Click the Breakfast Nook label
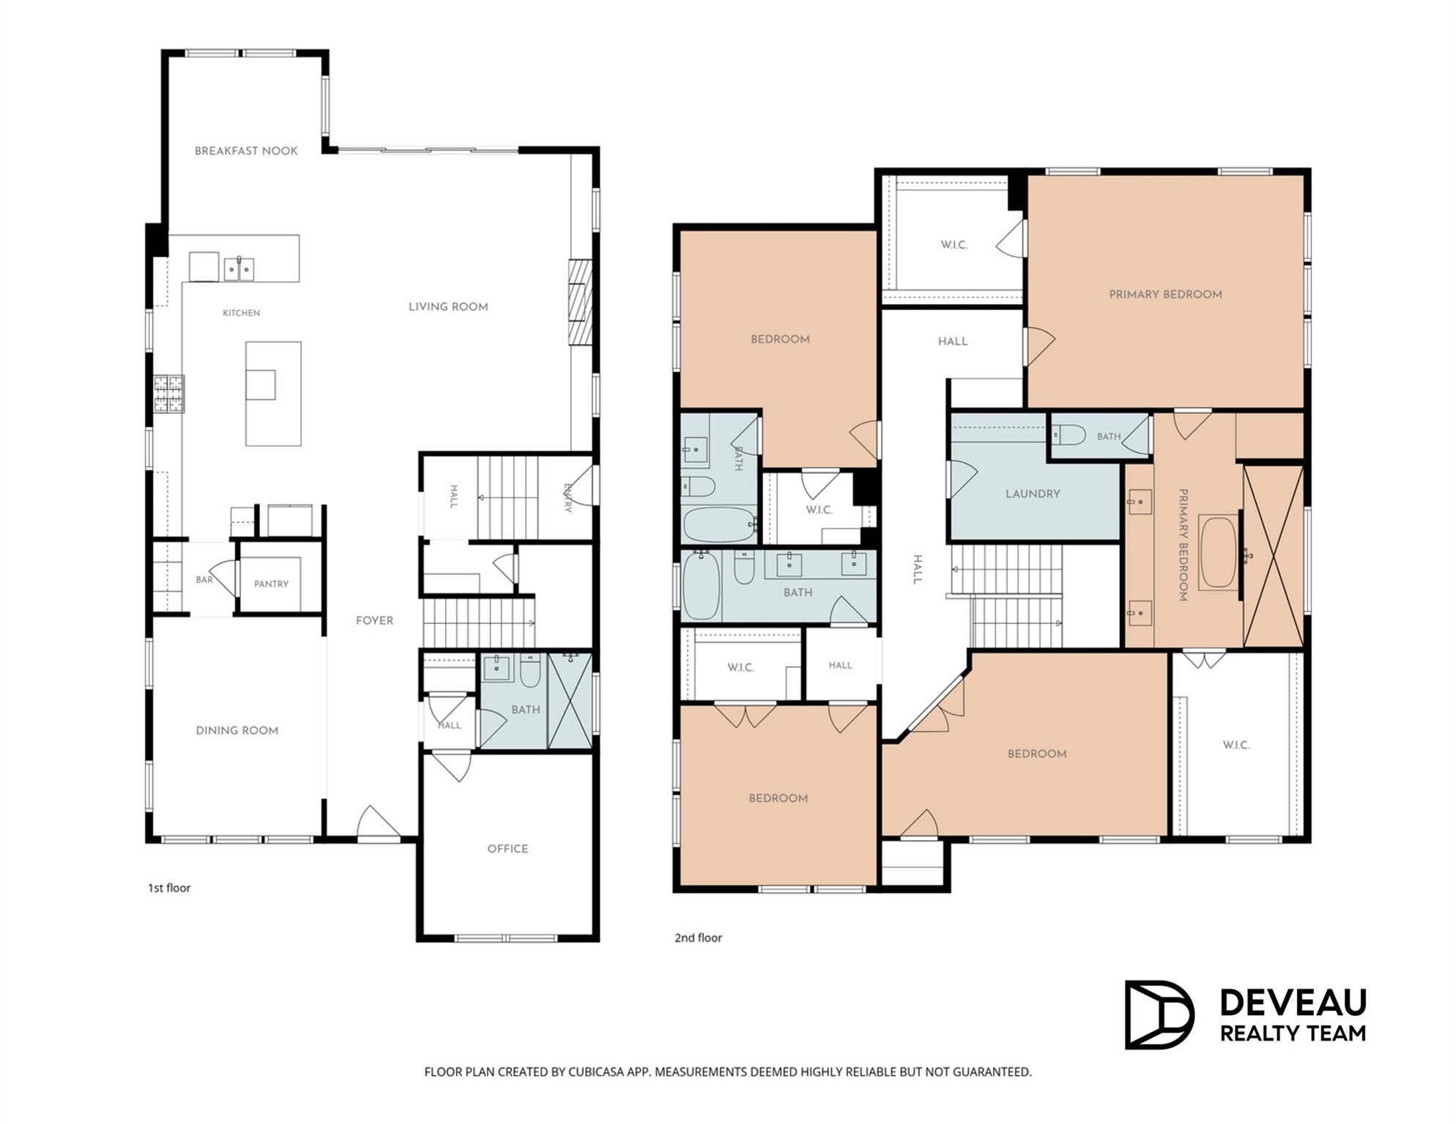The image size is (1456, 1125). tap(246, 151)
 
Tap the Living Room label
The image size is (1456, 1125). tap(448, 307)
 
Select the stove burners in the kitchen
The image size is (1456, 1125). tap(168, 393)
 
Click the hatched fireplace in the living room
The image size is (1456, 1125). tap(580, 302)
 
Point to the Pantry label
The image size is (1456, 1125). tap(271, 584)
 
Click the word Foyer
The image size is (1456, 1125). tap(374, 620)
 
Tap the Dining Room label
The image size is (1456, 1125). tap(237, 730)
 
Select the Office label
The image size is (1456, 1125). tap(508, 849)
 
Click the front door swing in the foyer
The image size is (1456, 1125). tap(378, 822)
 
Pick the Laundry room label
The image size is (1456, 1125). tap(1033, 494)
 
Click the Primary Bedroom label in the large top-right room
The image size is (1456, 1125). tap(1165, 294)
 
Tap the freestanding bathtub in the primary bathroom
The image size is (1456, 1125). tap(1219, 553)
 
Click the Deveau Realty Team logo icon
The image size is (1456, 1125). tap(1159, 1014)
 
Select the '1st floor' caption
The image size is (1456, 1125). tap(169, 888)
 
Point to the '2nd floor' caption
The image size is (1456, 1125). tap(698, 937)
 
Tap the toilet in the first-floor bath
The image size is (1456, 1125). tap(530, 669)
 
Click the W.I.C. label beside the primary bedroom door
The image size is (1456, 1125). tap(954, 245)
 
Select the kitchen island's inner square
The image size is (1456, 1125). tap(261, 385)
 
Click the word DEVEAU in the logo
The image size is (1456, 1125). tap(1293, 1003)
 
